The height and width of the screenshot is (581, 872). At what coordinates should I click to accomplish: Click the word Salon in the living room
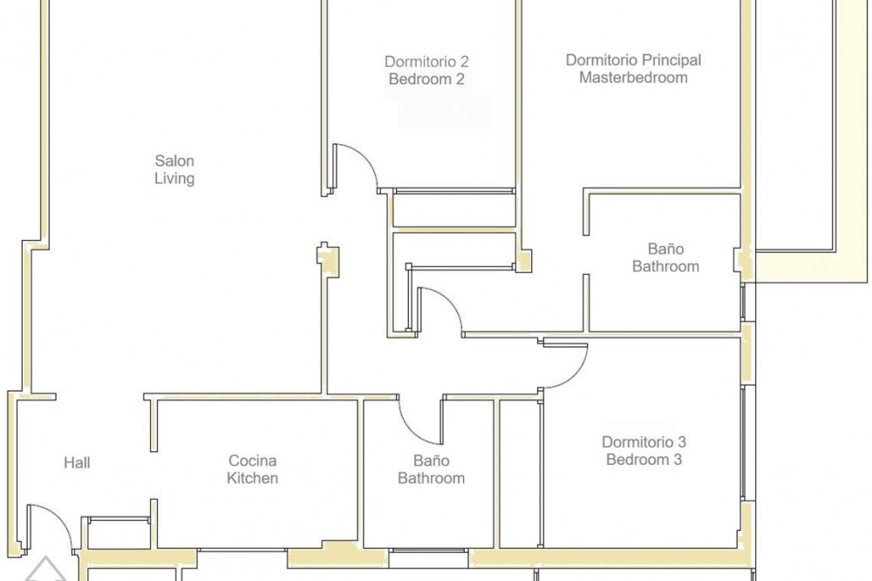pyautogui.click(x=174, y=161)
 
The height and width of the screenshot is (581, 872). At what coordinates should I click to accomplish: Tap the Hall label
pyautogui.click(x=77, y=462)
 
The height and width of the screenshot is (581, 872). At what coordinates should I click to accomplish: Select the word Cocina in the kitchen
pyautogui.click(x=252, y=461)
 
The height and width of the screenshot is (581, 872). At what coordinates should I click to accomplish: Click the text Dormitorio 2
pyautogui.click(x=426, y=61)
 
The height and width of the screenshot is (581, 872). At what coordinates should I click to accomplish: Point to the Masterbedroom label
pyautogui.click(x=633, y=78)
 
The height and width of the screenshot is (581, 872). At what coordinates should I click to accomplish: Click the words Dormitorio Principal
pyautogui.click(x=633, y=59)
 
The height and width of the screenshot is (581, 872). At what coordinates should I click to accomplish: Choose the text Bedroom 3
pyautogui.click(x=644, y=460)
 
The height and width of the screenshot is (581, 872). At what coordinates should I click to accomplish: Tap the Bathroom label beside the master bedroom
pyautogui.click(x=665, y=266)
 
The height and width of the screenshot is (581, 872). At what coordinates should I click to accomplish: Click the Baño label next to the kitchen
pyautogui.click(x=431, y=461)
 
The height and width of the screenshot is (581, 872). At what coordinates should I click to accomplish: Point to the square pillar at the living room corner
pyautogui.click(x=328, y=260)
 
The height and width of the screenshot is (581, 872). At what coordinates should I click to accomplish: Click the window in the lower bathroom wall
pyautogui.click(x=428, y=550)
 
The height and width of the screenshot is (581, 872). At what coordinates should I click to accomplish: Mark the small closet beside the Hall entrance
pyautogui.click(x=119, y=533)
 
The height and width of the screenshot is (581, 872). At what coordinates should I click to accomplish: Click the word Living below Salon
pyautogui.click(x=174, y=179)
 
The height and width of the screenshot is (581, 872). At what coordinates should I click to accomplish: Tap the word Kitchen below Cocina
pyautogui.click(x=252, y=478)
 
